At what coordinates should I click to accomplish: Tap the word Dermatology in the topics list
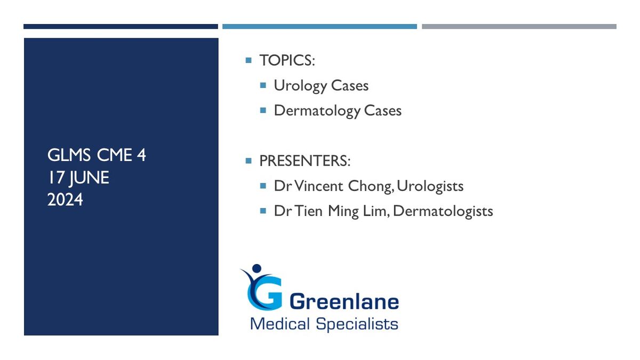click(x=317, y=111)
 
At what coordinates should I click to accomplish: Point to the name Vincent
click(x=318, y=186)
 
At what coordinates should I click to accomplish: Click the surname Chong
click(x=371, y=187)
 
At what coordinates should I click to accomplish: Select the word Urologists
click(x=430, y=187)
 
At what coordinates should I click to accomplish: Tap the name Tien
click(x=308, y=211)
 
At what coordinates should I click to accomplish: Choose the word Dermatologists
click(x=443, y=212)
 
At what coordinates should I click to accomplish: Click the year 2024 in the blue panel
click(x=65, y=199)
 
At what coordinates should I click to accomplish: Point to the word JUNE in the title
click(x=89, y=178)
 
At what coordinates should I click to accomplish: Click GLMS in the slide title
click(x=69, y=155)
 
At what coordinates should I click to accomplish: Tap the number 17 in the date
click(x=55, y=177)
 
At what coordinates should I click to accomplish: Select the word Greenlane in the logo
click(x=344, y=301)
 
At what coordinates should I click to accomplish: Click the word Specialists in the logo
click(x=357, y=324)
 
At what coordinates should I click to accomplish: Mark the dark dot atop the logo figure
click(x=257, y=268)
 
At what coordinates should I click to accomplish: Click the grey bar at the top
click(x=519, y=27)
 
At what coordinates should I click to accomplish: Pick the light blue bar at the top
click(x=319, y=27)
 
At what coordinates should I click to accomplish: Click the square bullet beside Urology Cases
click(x=263, y=85)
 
